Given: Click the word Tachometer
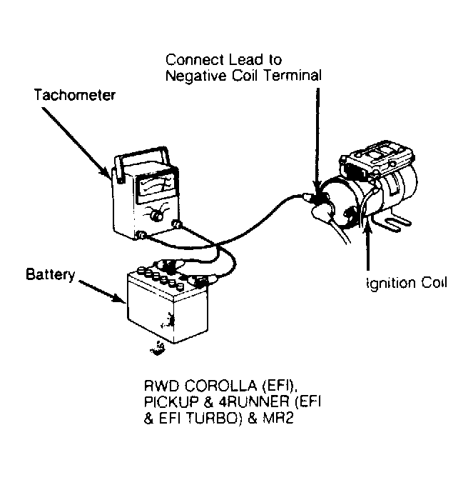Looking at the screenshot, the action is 75,95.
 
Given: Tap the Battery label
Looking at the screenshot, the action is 51,274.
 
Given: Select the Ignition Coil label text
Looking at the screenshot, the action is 407,283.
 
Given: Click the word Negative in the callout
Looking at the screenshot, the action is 195,76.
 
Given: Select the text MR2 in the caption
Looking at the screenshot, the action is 278,418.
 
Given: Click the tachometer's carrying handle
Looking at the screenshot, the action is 142,161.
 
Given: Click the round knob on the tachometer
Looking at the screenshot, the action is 157,216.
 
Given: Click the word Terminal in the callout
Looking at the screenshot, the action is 293,76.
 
